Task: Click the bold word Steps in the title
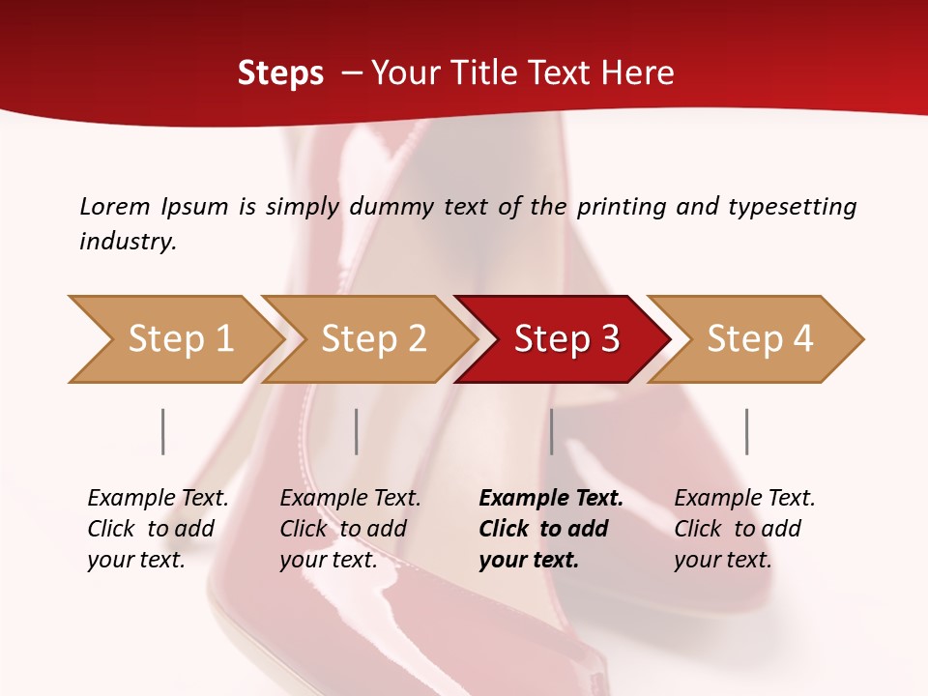coord(280,73)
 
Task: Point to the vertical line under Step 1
coord(163,431)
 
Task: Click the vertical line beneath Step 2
coord(357,431)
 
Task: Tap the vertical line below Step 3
coord(551,431)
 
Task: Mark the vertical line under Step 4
coord(746,431)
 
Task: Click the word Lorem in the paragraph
coord(115,206)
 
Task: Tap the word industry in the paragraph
coord(128,242)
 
